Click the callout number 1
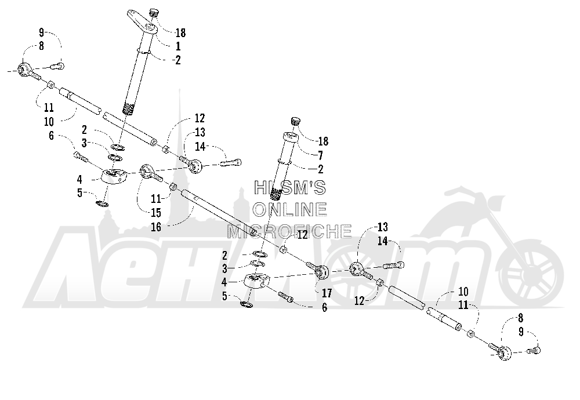(178, 46)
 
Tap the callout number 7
(320, 155)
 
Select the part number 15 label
(156, 213)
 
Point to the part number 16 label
(156, 227)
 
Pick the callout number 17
(327, 293)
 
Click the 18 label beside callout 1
(180, 33)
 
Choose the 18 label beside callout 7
(323, 141)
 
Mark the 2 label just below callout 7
(321, 169)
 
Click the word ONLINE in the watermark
(290, 209)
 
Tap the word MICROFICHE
(289, 231)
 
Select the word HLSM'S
(290, 187)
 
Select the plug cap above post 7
(295, 121)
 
